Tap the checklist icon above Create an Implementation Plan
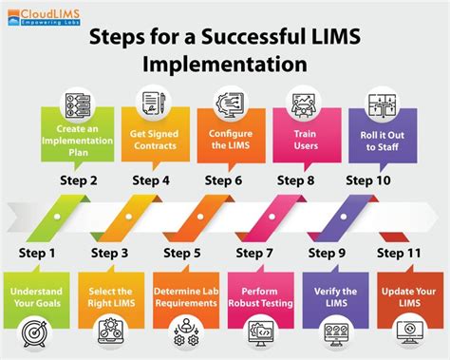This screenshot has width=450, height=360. pyautogui.click(x=80, y=102)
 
